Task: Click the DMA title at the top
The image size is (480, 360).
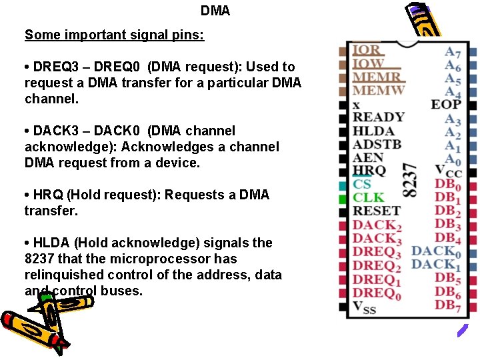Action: click(x=215, y=11)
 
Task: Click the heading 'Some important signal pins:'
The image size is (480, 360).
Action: click(x=114, y=35)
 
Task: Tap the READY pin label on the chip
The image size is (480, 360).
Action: click(x=378, y=118)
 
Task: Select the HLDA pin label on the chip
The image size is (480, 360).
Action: click(x=373, y=131)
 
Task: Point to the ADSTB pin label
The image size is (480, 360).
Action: click(x=377, y=145)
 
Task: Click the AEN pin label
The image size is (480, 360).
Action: click(x=368, y=158)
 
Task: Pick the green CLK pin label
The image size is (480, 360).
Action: click(x=369, y=198)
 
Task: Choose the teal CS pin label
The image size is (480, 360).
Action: click(x=362, y=185)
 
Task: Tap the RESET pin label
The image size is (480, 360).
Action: click(x=376, y=211)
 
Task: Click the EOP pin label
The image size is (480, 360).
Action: click(x=446, y=104)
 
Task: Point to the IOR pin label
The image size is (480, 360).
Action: click(x=367, y=50)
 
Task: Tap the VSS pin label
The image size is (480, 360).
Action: click(x=364, y=307)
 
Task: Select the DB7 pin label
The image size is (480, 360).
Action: click(x=448, y=305)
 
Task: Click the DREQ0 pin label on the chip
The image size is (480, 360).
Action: click(x=377, y=293)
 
